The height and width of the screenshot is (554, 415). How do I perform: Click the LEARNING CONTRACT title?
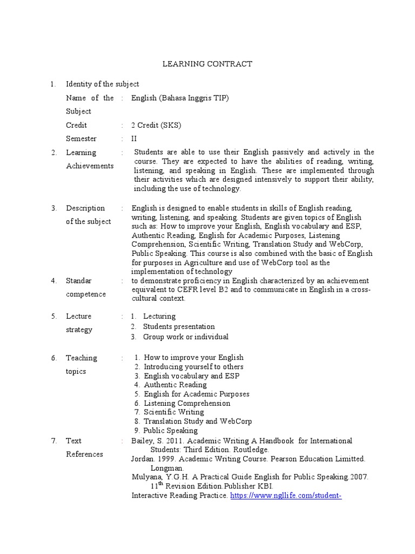pyautogui.click(x=207, y=64)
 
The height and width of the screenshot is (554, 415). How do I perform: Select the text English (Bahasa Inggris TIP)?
pyautogui.click(x=180, y=98)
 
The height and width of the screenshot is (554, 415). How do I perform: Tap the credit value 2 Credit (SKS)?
pyautogui.click(x=156, y=125)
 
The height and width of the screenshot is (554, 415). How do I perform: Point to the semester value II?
pyautogui.click(x=135, y=138)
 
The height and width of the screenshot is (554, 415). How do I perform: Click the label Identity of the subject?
pyautogui.click(x=102, y=84)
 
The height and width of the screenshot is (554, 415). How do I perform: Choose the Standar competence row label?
pyautogui.click(x=86, y=287)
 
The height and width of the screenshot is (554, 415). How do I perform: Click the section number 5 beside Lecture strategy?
pyautogui.click(x=54, y=316)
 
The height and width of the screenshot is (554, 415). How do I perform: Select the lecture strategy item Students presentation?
pyautogui.click(x=178, y=326)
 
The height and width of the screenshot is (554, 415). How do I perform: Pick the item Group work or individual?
pyautogui.click(x=185, y=337)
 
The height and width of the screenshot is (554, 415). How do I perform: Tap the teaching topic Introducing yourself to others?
pyautogui.click(x=193, y=366)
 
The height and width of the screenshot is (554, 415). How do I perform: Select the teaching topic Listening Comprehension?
pyautogui.click(x=186, y=403)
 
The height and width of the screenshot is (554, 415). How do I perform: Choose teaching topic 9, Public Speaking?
pyautogui.click(x=170, y=431)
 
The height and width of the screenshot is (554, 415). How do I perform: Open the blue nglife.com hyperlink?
pyautogui.click(x=286, y=496)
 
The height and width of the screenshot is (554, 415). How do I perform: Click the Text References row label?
pyautogui.click(x=84, y=447)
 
